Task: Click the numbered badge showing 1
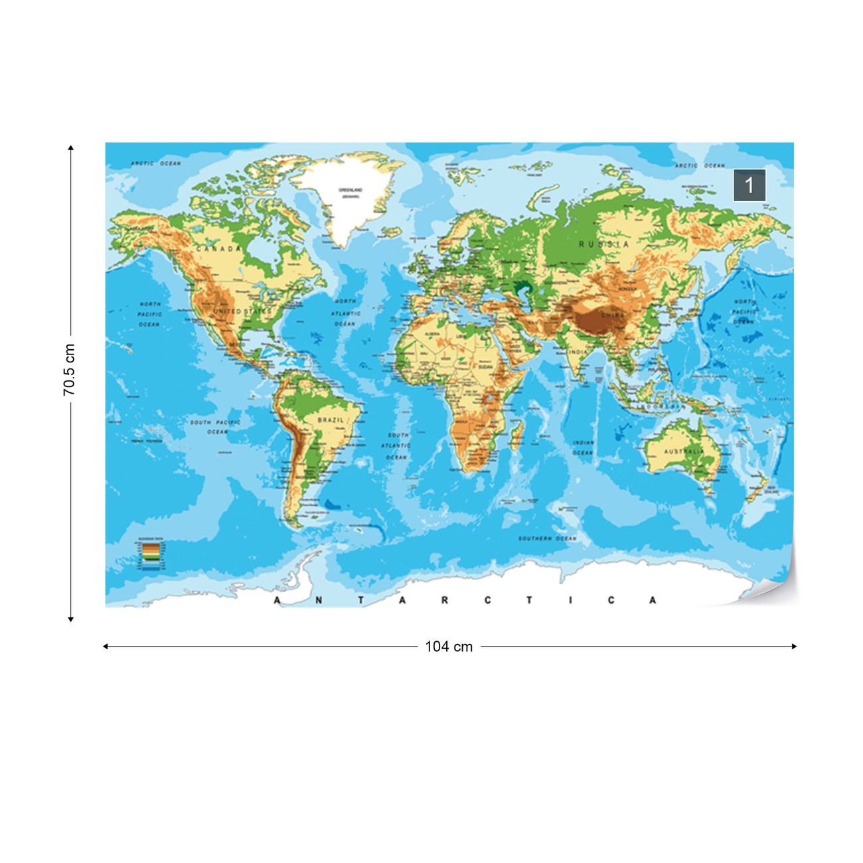click(x=749, y=185)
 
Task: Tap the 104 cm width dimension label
click(x=449, y=647)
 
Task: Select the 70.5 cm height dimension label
click(x=69, y=370)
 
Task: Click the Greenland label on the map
click(x=351, y=191)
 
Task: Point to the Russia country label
click(x=603, y=244)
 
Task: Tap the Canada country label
click(x=218, y=249)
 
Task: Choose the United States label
click(x=242, y=311)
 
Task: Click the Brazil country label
click(x=331, y=420)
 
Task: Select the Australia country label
click(x=684, y=451)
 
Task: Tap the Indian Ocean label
click(x=583, y=447)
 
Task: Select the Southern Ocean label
click(x=547, y=538)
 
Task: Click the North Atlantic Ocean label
click(x=345, y=313)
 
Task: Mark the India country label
click(x=578, y=352)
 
